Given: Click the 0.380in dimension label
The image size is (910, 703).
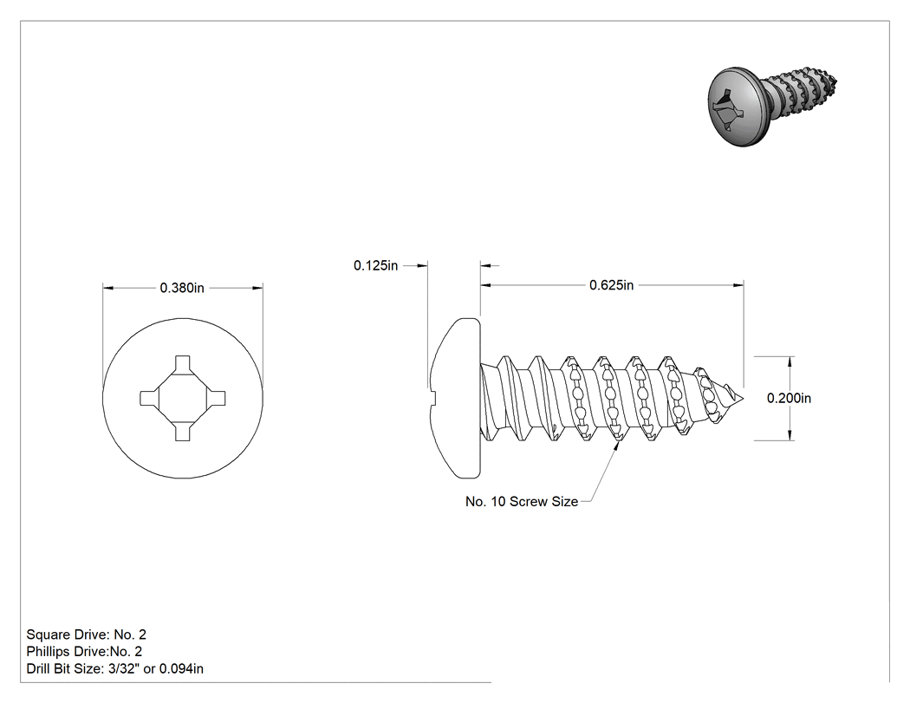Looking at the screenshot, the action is pos(182,288).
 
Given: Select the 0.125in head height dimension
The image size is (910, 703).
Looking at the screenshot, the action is pos(375,265).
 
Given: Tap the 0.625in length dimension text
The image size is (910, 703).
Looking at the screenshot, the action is pos(612,285).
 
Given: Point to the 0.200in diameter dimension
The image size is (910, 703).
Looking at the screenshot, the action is pos(790,398).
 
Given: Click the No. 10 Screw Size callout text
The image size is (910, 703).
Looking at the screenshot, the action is pos(522,502).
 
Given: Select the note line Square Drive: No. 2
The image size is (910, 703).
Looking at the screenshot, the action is pos(87,635).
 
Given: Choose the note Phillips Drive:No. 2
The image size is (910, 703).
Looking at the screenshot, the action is pos(84,651).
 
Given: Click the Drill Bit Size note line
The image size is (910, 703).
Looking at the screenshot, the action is pos(115,668).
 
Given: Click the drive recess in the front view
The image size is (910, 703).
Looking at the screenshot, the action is pos(183,398).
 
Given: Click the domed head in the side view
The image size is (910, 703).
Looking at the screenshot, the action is pos(456,398).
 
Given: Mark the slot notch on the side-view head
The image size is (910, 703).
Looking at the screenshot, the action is pos(433,398).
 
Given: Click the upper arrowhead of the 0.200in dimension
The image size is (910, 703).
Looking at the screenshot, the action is pos(790,362).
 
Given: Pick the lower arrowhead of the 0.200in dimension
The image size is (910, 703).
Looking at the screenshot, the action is pos(790,434).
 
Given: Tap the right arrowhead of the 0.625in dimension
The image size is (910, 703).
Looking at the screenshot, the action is pos(738,285).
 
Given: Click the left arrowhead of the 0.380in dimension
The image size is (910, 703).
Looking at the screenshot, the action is pos(108,288).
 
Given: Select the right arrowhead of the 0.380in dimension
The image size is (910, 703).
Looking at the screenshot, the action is pos(257,288).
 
